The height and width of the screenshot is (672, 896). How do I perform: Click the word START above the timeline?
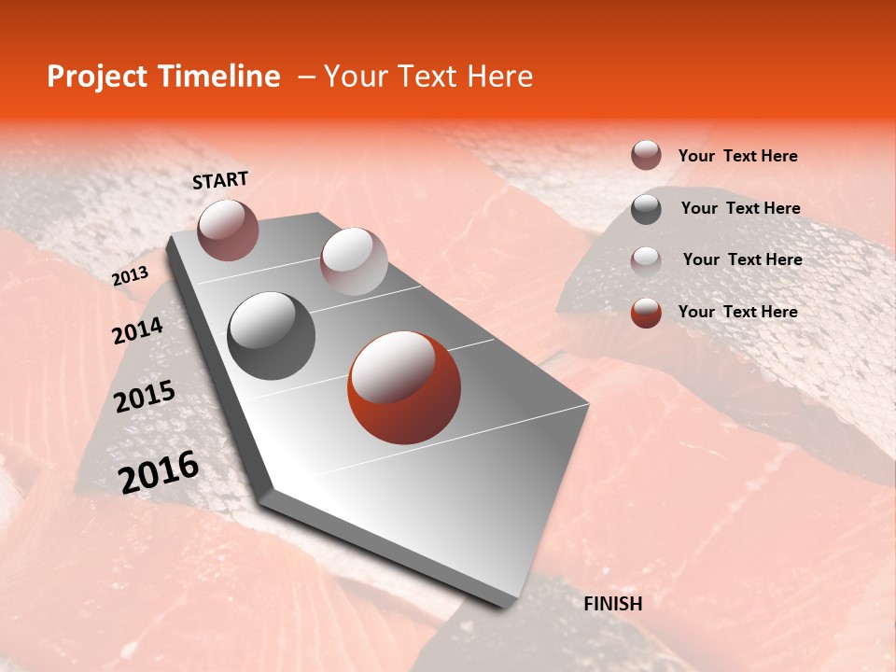(x=220, y=180)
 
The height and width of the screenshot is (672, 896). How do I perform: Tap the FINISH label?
(x=612, y=604)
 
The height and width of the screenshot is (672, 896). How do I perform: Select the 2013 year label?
(x=130, y=275)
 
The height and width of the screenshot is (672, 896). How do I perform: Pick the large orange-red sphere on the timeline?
(x=404, y=387)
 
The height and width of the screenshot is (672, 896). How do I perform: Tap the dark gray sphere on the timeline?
(x=271, y=336)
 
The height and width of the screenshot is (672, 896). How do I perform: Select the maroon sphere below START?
(x=228, y=230)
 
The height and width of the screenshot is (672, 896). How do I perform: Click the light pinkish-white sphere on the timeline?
(x=354, y=261)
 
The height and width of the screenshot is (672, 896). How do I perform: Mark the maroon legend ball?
(x=646, y=155)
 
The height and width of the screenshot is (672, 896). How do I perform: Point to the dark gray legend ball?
(x=646, y=209)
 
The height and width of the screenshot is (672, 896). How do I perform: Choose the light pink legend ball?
(x=646, y=260)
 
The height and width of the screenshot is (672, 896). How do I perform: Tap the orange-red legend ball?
(x=646, y=313)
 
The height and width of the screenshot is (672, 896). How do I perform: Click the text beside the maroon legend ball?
(x=737, y=157)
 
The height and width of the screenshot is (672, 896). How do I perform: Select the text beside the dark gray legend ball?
(x=740, y=208)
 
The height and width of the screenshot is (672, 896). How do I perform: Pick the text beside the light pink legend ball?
(x=742, y=259)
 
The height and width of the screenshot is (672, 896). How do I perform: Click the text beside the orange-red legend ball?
(x=737, y=312)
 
